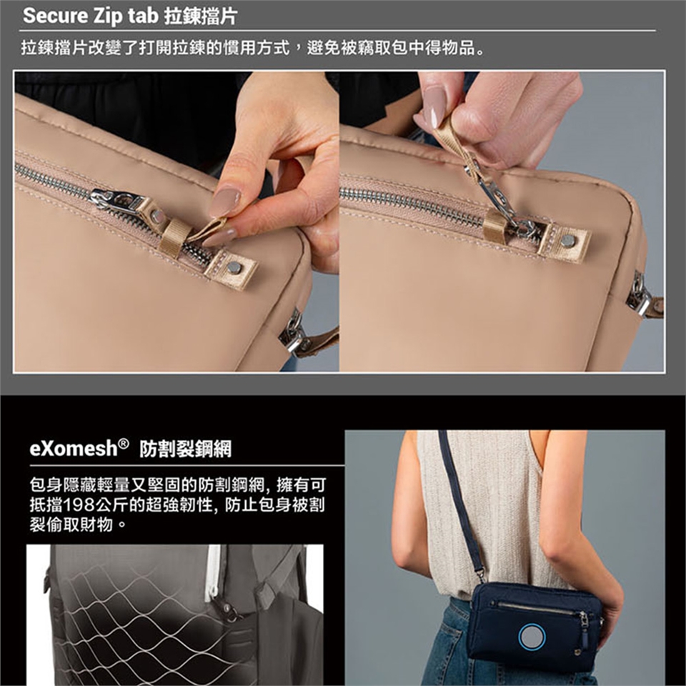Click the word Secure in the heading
click(56, 16)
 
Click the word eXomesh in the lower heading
click(74, 448)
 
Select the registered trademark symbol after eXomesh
click(124, 443)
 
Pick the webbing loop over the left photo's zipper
click(174, 237)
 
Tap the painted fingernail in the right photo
click(434, 106)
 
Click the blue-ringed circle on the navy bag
click(532, 636)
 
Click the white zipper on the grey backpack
click(213, 572)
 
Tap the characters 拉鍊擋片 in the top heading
click(202, 16)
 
